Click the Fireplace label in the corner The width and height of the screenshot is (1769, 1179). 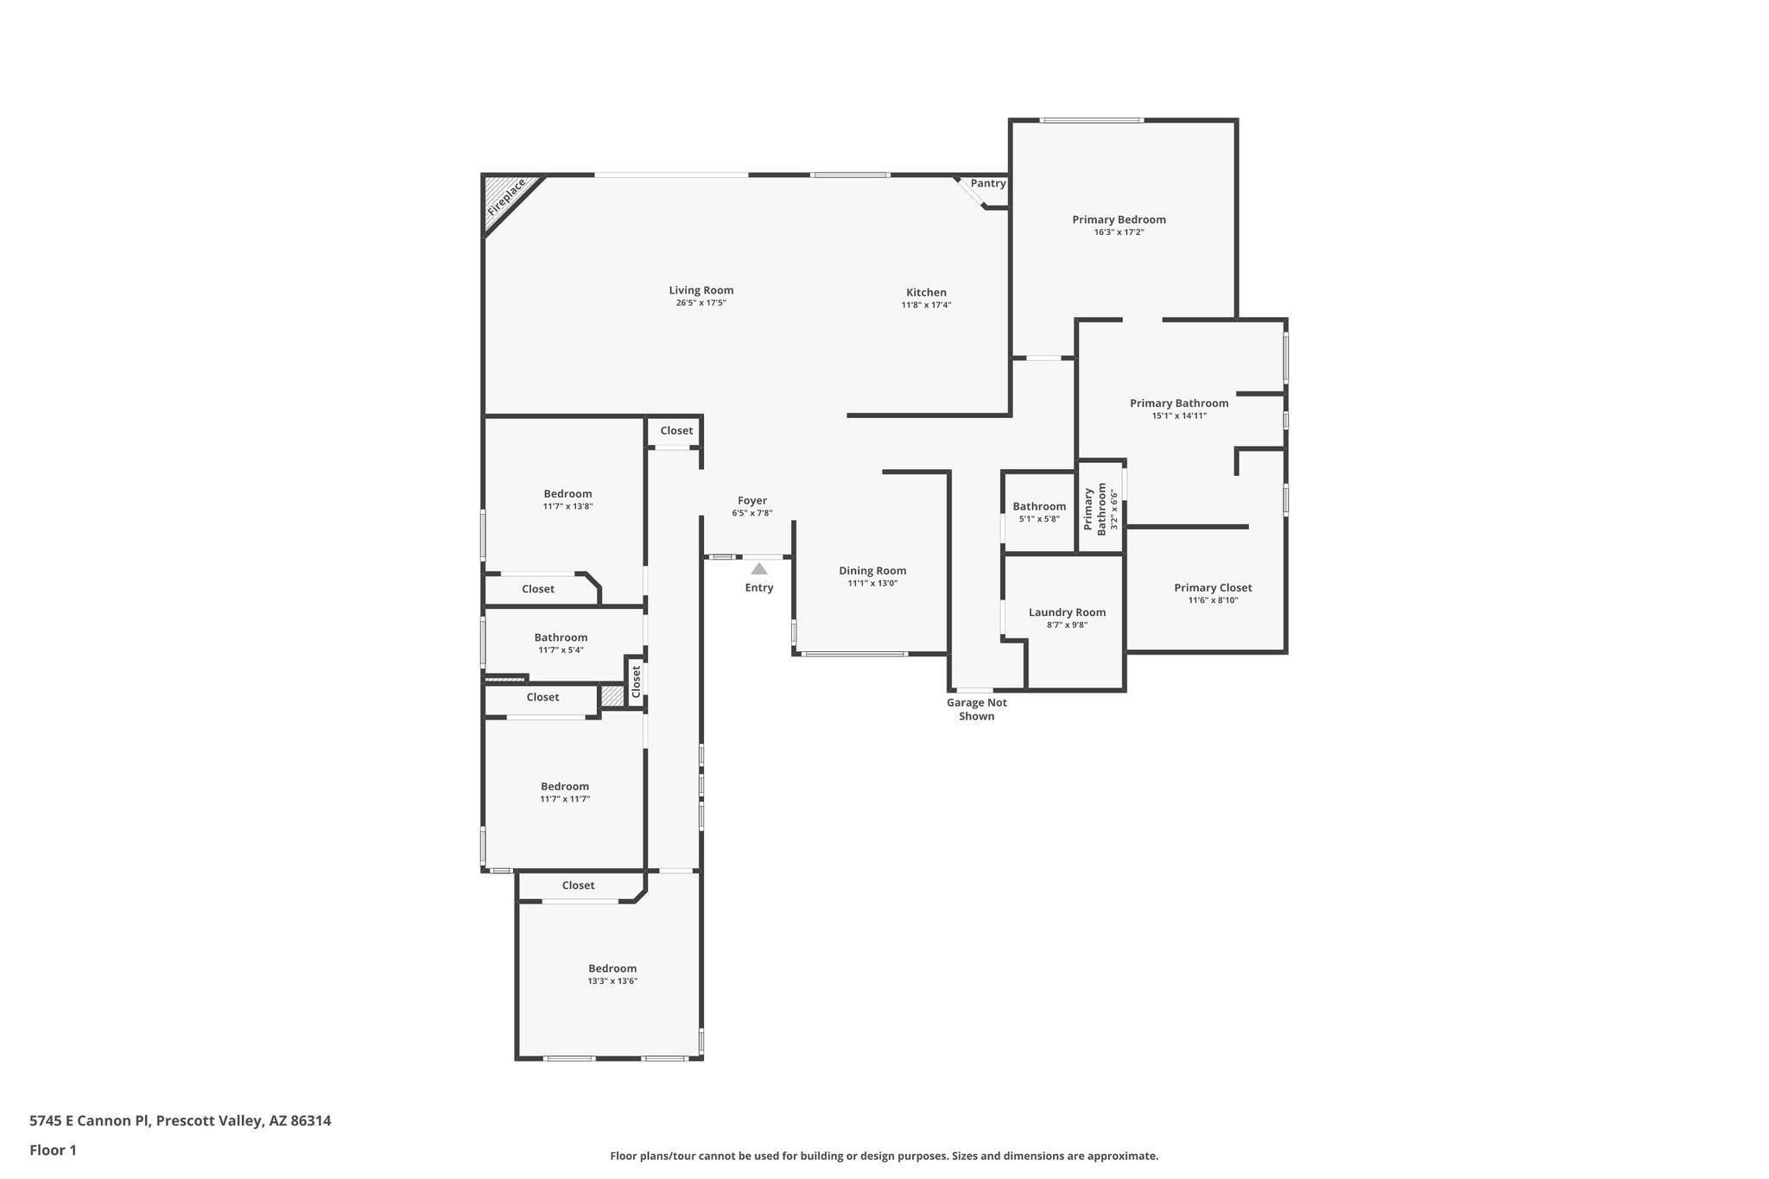[x=506, y=198]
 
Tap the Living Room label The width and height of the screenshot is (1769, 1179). [x=701, y=290]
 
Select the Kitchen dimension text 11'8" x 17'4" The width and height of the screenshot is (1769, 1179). [x=926, y=305]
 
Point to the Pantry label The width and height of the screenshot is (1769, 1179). [x=988, y=183]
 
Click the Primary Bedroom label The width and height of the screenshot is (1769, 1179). [x=1119, y=219]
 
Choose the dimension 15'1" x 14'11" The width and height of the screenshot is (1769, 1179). [x=1179, y=415]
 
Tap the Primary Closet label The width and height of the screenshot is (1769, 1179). [x=1213, y=587]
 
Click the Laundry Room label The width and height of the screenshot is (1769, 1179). [x=1067, y=612]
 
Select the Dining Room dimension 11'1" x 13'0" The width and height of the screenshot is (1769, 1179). [x=872, y=583]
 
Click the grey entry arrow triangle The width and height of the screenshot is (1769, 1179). [x=759, y=568]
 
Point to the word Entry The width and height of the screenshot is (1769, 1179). [x=759, y=588]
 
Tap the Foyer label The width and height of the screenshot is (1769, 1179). [x=752, y=500]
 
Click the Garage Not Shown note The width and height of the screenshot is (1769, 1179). [x=977, y=709]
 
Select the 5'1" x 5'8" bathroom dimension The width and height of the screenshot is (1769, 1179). [x=1039, y=519]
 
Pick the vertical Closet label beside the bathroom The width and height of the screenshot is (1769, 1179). [x=636, y=681]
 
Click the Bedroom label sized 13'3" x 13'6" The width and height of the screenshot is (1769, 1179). [x=612, y=968]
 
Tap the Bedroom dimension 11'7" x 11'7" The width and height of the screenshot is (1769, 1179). [x=565, y=799]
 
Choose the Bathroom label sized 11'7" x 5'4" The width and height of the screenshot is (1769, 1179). [x=561, y=637]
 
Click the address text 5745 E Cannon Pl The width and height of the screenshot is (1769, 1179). [x=90, y=1121]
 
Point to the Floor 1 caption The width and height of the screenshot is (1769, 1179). [x=53, y=1150]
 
